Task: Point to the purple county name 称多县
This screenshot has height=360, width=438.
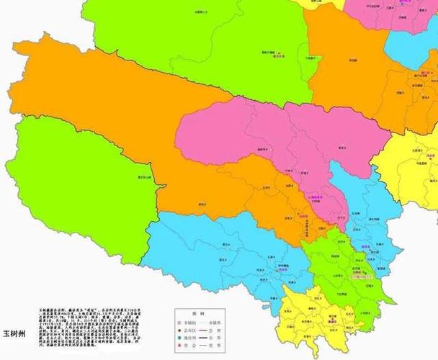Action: (x=365, y=247)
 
